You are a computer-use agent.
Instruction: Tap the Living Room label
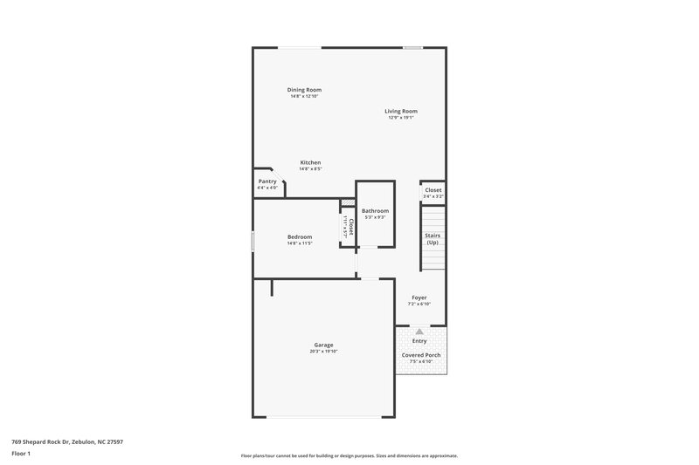coord(401,111)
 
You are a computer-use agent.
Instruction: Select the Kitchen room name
coord(310,162)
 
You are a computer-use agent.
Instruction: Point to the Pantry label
coord(267,181)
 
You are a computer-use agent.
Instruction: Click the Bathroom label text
coord(375,211)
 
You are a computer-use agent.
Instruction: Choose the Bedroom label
coord(300,236)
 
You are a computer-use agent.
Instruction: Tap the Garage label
coord(323,345)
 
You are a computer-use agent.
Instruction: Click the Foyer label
coord(419,297)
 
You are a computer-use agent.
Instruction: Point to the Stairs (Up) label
coord(433,238)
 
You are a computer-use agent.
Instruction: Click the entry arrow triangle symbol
coord(419,332)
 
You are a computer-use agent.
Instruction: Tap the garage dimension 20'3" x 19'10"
coord(323,352)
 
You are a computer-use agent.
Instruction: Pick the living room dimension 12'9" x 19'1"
coord(401,118)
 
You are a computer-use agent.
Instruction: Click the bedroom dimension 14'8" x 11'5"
coord(300,243)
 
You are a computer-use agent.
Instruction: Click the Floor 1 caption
coord(21,455)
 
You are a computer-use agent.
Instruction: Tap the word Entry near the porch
coord(419,341)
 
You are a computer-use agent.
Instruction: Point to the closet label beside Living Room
coord(433,190)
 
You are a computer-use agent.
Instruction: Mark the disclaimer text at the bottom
coord(349,455)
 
